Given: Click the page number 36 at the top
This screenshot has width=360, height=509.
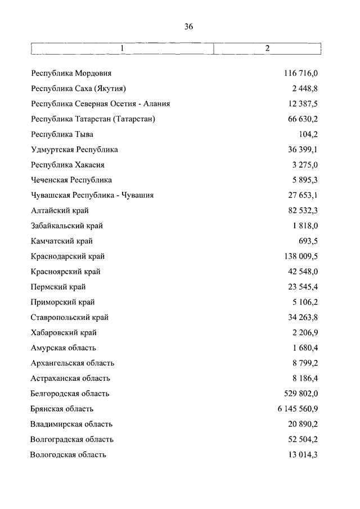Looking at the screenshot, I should (188, 25).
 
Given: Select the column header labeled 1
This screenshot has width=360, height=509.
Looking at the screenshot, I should (122, 48).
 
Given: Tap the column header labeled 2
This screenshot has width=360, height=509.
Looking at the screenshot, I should (267, 48).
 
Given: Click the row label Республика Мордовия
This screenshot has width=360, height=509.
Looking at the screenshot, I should (71, 74).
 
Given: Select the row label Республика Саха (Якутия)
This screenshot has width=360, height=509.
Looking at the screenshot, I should (78, 89).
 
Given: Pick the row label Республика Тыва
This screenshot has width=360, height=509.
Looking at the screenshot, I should (62, 134).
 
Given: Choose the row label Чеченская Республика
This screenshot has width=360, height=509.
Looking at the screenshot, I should (71, 181).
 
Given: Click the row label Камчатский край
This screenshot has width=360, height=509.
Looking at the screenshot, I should (62, 241).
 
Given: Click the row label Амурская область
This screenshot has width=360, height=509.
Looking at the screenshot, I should (64, 348).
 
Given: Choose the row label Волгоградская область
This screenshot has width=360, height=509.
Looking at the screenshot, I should (72, 439).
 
